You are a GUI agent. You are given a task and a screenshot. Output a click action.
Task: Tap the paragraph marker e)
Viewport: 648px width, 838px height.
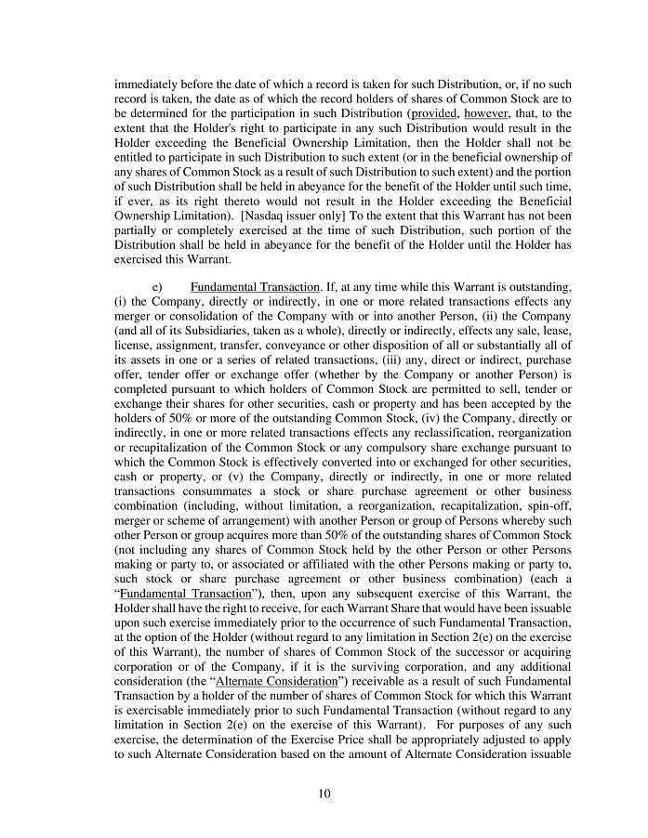click(158, 286)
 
